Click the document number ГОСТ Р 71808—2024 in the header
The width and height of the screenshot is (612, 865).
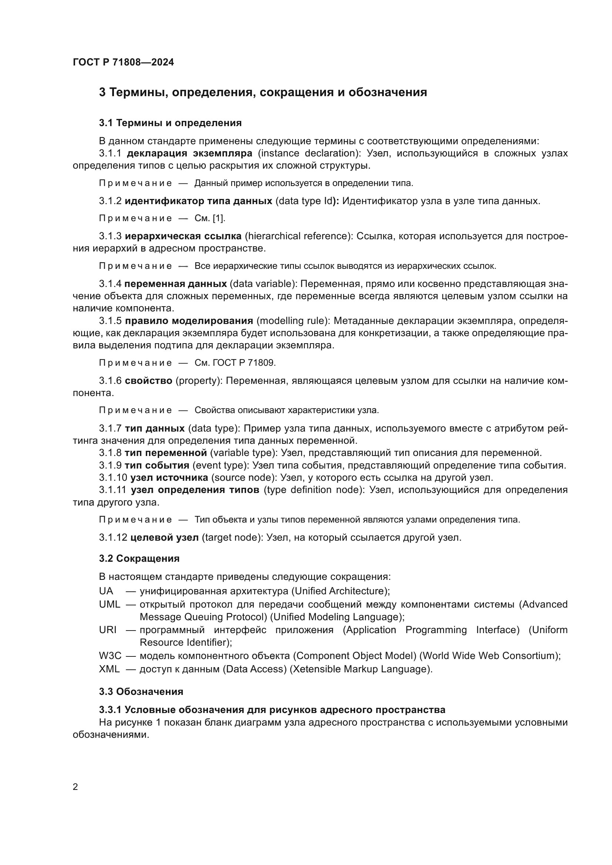pyautogui.click(x=123, y=62)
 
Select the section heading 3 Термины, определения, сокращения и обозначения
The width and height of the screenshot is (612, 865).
pyautogui.click(x=263, y=92)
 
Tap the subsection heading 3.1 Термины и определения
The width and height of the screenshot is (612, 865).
pyautogui.click(x=170, y=123)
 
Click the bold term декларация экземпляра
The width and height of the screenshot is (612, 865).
pyautogui.click(x=189, y=153)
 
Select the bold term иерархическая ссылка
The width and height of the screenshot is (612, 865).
pyautogui.click(x=183, y=236)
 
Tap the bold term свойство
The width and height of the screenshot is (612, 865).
pyautogui.click(x=148, y=381)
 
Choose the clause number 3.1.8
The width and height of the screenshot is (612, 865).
pyautogui.click(x=110, y=453)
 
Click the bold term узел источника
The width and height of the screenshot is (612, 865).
pyautogui.click(x=169, y=478)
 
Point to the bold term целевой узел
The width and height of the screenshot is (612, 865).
pyautogui.click(x=164, y=537)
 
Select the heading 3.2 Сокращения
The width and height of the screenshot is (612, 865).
pyautogui.click(x=139, y=558)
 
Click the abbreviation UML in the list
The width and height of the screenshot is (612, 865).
pyautogui.click(x=109, y=604)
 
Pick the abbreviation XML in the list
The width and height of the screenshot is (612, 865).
pyautogui.click(x=109, y=669)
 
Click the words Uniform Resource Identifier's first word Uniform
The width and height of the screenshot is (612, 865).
pyautogui.click(x=548, y=630)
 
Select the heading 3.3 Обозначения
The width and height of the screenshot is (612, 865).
pyautogui.click(x=141, y=691)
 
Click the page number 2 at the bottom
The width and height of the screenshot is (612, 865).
pyautogui.click(x=75, y=787)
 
